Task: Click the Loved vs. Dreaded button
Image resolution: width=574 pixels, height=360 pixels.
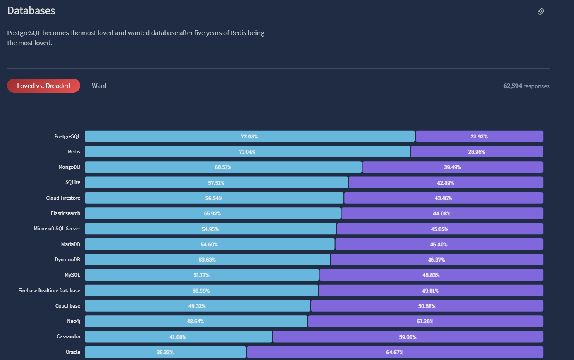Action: [43, 86]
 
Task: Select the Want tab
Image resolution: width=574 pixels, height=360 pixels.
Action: [99, 86]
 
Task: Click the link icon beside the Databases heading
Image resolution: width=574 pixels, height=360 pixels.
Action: [541, 12]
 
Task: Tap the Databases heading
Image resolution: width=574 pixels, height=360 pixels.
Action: [31, 11]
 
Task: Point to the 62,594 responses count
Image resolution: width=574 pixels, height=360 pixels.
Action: [526, 86]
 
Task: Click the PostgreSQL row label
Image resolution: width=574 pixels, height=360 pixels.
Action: [67, 136]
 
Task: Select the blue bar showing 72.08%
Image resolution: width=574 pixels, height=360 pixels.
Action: [249, 136]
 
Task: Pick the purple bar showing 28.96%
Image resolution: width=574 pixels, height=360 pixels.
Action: [476, 152]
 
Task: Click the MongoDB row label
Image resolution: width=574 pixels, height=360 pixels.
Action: [69, 167]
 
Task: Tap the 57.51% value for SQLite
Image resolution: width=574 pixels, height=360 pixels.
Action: [216, 183]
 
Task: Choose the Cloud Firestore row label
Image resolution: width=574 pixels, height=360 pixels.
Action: [63, 198]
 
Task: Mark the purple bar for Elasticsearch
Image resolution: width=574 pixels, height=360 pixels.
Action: [442, 213]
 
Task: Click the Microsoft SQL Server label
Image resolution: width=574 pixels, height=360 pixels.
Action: [57, 229]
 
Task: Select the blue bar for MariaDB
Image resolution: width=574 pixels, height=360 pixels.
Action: [209, 244]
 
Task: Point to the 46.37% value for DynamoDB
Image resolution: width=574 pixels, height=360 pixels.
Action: [436, 260]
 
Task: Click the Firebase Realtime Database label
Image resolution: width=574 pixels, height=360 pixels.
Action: [49, 291]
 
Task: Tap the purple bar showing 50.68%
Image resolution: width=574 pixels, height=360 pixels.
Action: [426, 306]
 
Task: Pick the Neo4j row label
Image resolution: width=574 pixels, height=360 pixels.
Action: [74, 321]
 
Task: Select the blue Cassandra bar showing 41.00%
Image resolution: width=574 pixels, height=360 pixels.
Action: [178, 337]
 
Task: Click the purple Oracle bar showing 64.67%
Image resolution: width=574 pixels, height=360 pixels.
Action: [395, 352]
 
